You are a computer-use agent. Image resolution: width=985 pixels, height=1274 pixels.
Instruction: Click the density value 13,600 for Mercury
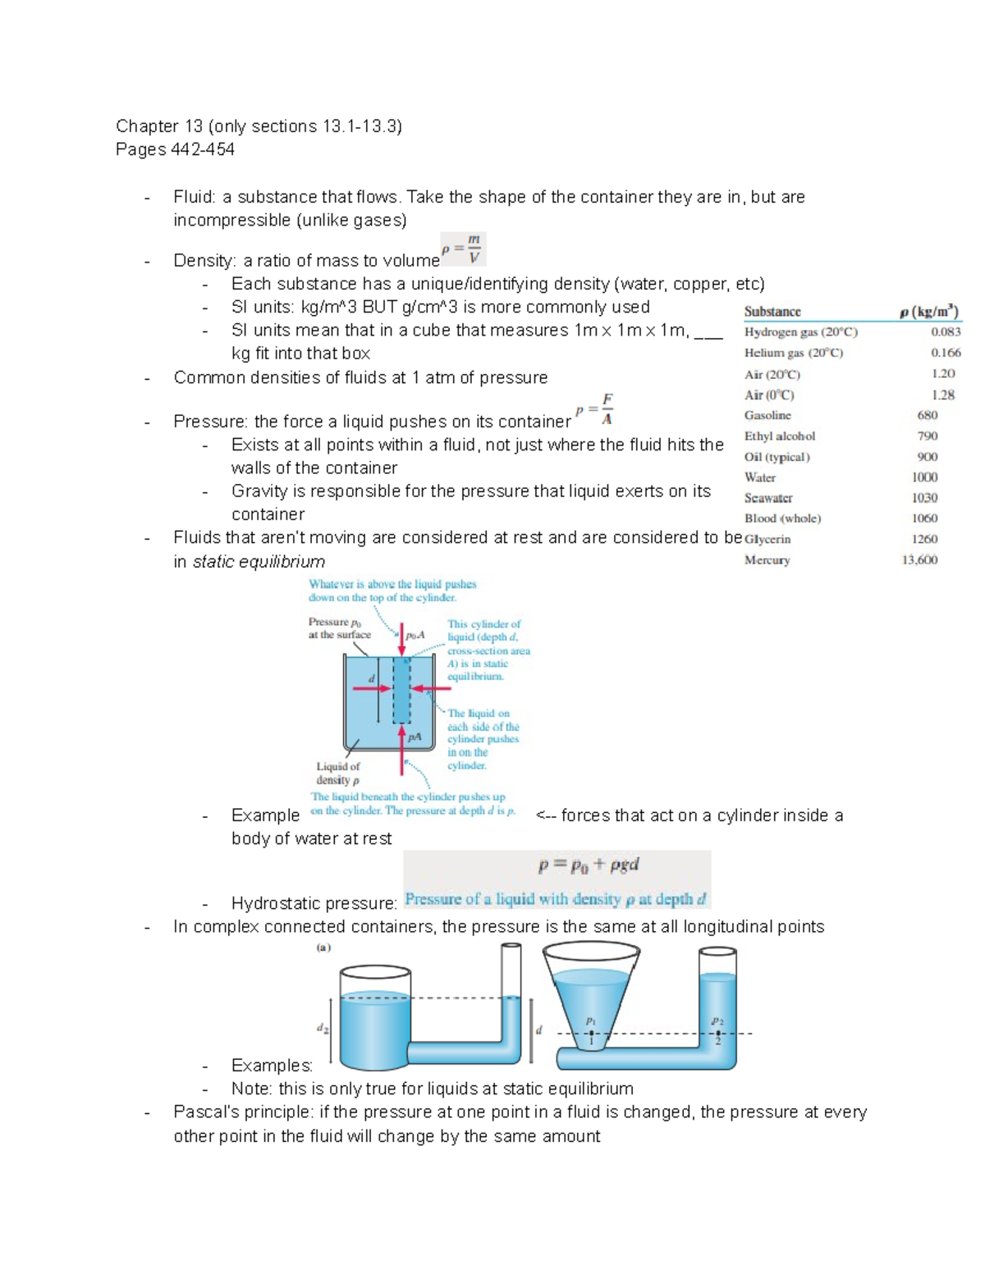tap(919, 559)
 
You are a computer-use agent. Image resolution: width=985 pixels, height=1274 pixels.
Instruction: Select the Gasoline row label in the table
tap(767, 415)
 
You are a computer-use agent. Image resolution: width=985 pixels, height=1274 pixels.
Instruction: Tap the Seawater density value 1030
tap(924, 498)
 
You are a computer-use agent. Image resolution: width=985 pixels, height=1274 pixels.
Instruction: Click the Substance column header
tap(772, 312)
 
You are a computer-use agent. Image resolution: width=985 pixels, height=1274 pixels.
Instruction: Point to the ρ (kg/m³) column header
tap(928, 312)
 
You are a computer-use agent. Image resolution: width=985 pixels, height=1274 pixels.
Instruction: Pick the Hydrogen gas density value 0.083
tap(946, 332)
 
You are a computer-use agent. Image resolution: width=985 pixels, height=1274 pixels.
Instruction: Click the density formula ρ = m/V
tap(463, 249)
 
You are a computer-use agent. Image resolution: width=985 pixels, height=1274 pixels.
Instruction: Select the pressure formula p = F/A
tap(595, 409)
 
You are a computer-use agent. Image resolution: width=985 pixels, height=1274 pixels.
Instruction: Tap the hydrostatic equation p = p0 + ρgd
tap(589, 865)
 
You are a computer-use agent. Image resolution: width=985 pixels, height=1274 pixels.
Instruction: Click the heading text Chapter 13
tap(159, 126)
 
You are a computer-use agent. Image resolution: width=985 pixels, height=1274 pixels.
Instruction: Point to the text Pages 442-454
tap(175, 149)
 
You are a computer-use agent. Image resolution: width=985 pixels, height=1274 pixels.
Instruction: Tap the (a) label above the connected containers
tap(323, 948)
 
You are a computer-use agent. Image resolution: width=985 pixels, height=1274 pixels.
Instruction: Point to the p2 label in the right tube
tap(717, 1021)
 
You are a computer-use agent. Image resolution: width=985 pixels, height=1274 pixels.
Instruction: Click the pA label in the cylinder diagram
tap(415, 737)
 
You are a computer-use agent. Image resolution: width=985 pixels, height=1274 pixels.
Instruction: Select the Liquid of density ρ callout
tap(337, 773)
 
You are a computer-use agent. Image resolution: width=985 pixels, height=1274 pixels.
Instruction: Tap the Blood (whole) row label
tap(782, 518)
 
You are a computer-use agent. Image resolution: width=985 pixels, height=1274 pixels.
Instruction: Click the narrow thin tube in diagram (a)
tap(511, 984)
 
